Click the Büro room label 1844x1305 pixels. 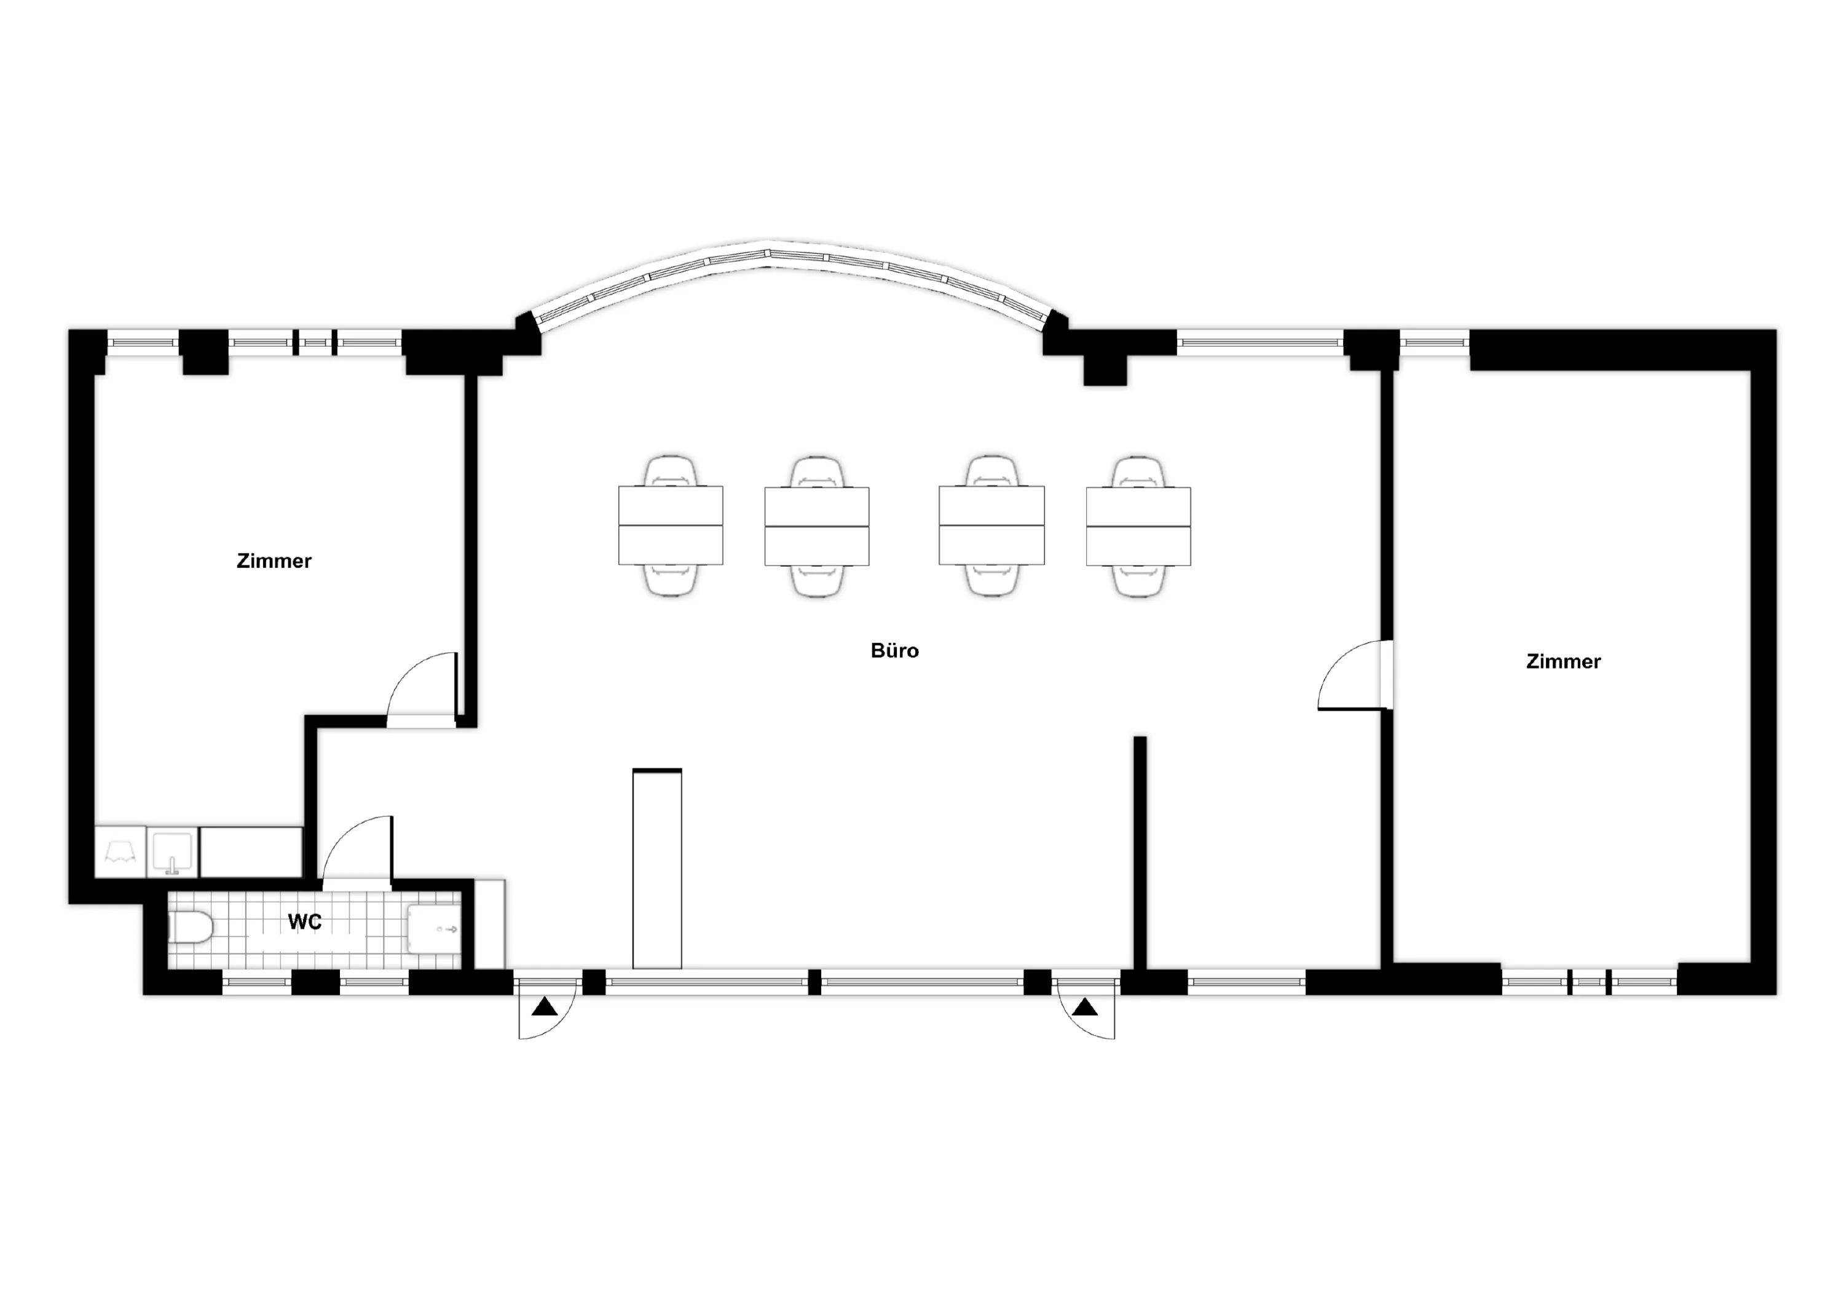(894, 651)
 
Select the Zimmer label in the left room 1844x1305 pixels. (274, 561)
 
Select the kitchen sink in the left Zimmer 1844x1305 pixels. (172, 853)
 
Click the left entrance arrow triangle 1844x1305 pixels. (545, 1006)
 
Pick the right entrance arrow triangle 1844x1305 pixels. (1086, 1006)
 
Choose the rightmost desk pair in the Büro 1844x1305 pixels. (1138, 526)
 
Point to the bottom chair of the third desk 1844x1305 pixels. (992, 580)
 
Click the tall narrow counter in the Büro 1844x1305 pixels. (657, 869)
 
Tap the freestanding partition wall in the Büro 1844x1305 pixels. (1140, 853)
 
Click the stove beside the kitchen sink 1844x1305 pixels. (120, 853)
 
